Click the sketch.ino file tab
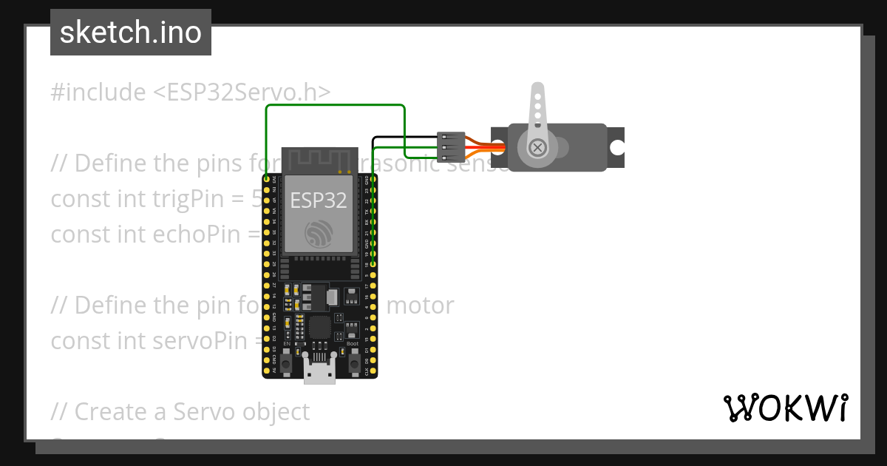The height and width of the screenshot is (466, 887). pos(130,33)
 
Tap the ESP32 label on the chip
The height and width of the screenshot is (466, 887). pos(319,200)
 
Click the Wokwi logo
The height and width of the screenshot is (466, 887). pos(785,408)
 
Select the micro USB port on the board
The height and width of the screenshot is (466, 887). pos(319,371)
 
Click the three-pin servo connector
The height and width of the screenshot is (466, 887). pos(451,146)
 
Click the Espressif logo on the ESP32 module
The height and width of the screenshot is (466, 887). pos(319,234)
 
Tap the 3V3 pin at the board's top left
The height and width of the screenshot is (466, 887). pos(266,180)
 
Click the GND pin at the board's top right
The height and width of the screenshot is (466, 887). pos(374,180)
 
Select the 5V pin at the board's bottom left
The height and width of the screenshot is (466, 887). pos(266,369)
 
